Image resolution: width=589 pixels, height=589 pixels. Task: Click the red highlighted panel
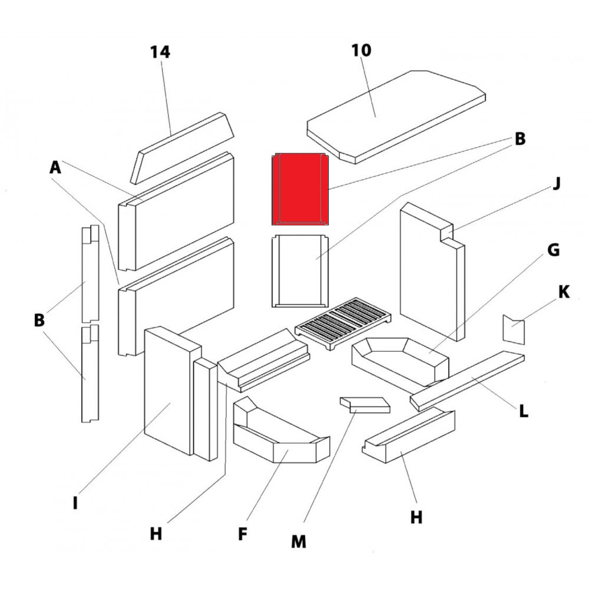(x=299, y=188)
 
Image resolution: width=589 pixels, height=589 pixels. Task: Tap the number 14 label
(x=160, y=52)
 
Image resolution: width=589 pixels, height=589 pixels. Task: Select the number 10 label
(x=362, y=51)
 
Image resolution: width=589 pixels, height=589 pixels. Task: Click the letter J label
(x=556, y=184)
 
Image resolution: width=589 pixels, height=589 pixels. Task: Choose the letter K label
(x=564, y=292)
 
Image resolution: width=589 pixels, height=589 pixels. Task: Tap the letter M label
(x=299, y=541)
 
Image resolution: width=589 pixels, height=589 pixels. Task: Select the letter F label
(x=242, y=534)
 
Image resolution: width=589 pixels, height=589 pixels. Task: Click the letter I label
(x=75, y=504)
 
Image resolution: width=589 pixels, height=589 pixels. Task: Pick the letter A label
(x=55, y=168)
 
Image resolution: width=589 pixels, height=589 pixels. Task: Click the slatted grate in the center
(x=338, y=325)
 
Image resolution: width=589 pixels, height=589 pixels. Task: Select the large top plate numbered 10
(x=395, y=115)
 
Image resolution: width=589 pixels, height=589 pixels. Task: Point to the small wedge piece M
(x=366, y=405)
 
